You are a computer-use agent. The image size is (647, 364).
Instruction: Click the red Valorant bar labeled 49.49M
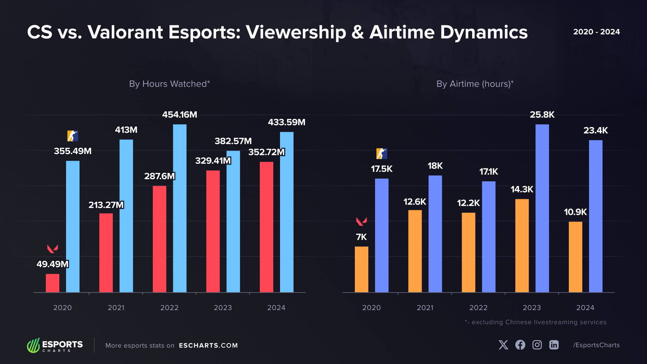tap(53, 283)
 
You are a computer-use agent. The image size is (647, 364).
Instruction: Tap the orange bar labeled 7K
tap(361, 269)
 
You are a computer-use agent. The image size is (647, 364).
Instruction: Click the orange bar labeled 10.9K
tap(575, 257)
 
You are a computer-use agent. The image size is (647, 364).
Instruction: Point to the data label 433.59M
tap(286, 122)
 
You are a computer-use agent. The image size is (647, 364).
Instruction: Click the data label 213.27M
tap(106, 205)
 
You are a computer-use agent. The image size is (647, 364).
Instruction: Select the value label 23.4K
tap(595, 130)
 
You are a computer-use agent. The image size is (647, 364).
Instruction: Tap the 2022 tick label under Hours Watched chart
tap(169, 308)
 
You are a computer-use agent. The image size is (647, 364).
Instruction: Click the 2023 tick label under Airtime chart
tap(531, 308)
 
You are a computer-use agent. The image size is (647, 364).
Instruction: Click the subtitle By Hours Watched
tap(170, 84)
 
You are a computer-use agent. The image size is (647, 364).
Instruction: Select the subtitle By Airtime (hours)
tap(475, 84)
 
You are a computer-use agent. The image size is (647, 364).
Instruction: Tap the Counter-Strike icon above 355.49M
tap(72, 136)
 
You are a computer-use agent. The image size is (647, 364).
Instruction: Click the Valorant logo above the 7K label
tap(361, 221)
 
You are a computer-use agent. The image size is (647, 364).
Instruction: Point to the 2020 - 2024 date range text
tap(596, 32)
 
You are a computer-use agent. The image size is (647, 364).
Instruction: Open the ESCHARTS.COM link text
tap(208, 345)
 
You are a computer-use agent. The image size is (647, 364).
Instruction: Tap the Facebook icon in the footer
tap(520, 345)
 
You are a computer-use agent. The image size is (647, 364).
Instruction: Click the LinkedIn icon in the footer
tap(554, 345)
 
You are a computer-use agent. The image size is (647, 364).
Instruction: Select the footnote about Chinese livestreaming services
tap(535, 322)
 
